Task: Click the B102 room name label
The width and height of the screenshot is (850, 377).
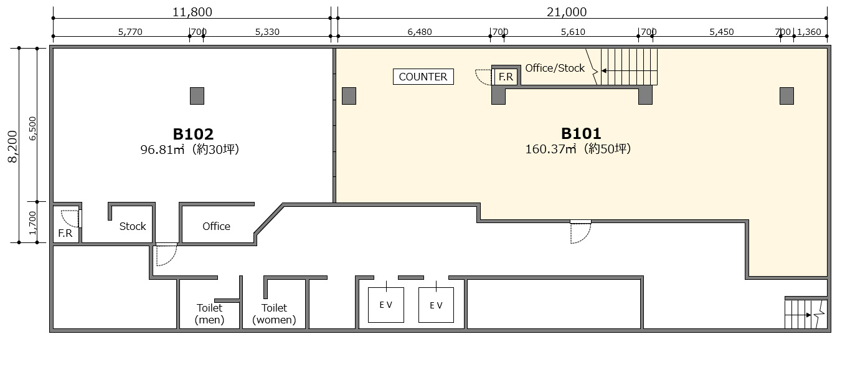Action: coord(193,134)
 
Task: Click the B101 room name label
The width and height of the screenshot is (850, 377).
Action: coord(581,133)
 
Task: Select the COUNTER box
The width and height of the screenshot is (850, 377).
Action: coord(423,77)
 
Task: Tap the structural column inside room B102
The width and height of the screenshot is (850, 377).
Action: coord(197,96)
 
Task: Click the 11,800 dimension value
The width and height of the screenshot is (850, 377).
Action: coord(192,12)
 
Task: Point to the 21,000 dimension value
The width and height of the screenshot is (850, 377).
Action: coord(567,12)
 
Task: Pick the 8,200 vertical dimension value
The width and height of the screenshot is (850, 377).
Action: coord(13,146)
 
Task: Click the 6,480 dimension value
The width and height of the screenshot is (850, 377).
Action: coord(419,32)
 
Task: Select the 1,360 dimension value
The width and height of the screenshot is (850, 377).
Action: coord(809,32)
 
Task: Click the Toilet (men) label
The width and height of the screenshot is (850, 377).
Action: coord(209,313)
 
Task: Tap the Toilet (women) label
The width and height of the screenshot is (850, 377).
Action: coord(274,313)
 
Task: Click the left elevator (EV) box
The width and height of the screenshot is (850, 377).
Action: coord(386,305)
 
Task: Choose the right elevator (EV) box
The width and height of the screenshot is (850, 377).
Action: coord(436,305)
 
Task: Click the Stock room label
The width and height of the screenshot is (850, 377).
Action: coord(133,226)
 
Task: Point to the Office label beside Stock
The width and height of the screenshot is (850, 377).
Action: coord(216,226)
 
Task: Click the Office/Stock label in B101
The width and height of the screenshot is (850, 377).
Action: coord(555,69)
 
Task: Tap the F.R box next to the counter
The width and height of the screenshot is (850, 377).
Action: coord(506,77)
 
